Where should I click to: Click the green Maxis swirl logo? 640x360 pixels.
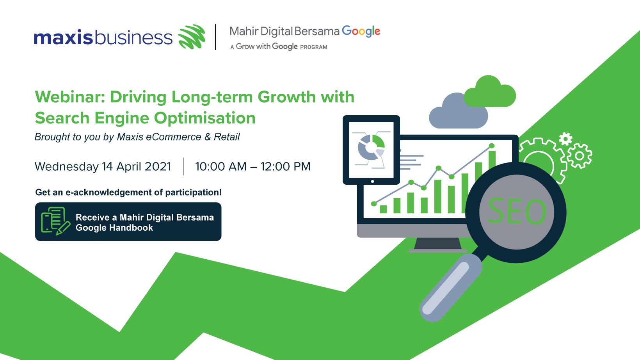point(192,37)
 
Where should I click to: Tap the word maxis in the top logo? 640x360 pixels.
point(64,37)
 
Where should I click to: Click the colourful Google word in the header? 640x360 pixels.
point(361,31)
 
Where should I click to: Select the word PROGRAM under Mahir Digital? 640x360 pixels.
point(313,47)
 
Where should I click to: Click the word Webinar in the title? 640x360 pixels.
point(70,97)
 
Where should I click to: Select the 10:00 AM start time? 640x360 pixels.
point(220,166)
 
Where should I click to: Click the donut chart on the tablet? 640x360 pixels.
point(371,147)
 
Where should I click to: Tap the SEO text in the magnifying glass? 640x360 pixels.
point(517,211)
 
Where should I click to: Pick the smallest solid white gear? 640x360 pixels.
point(565,139)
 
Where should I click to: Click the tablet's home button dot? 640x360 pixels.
point(372,181)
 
